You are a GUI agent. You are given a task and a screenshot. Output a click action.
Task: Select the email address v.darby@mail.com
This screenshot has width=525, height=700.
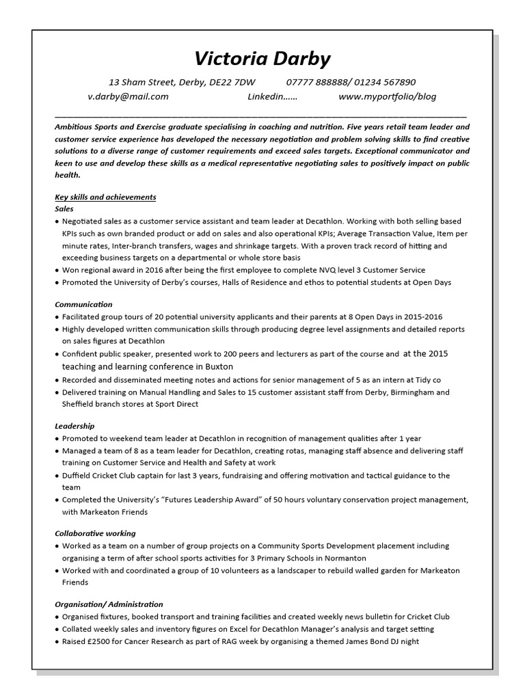pyautogui.click(x=128, y=96)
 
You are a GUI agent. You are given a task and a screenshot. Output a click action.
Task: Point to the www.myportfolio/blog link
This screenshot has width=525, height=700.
pyautogui.click(x=387, y=96)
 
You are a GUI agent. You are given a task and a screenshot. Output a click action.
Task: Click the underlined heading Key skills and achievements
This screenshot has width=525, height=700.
pyautogui.click(x=105, y=197)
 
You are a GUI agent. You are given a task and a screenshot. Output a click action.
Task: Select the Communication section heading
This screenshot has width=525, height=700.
pyautogui.click(x=83, y=304)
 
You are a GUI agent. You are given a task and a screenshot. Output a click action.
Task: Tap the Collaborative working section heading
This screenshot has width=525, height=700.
pyautogui.click(x=95, y=533)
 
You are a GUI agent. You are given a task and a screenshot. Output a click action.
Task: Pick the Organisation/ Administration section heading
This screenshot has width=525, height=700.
pyautogui.click(x=109, y=604)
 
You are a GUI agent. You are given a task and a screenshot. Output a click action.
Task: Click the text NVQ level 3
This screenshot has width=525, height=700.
pyautogui.click(x=337, y=270)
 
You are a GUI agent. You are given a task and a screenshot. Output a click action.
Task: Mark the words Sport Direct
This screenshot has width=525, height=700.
pyautogui.click(x=178, y=404)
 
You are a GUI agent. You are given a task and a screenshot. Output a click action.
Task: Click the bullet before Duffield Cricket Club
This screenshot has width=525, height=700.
pyautogui.click(x=57, y=476)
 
